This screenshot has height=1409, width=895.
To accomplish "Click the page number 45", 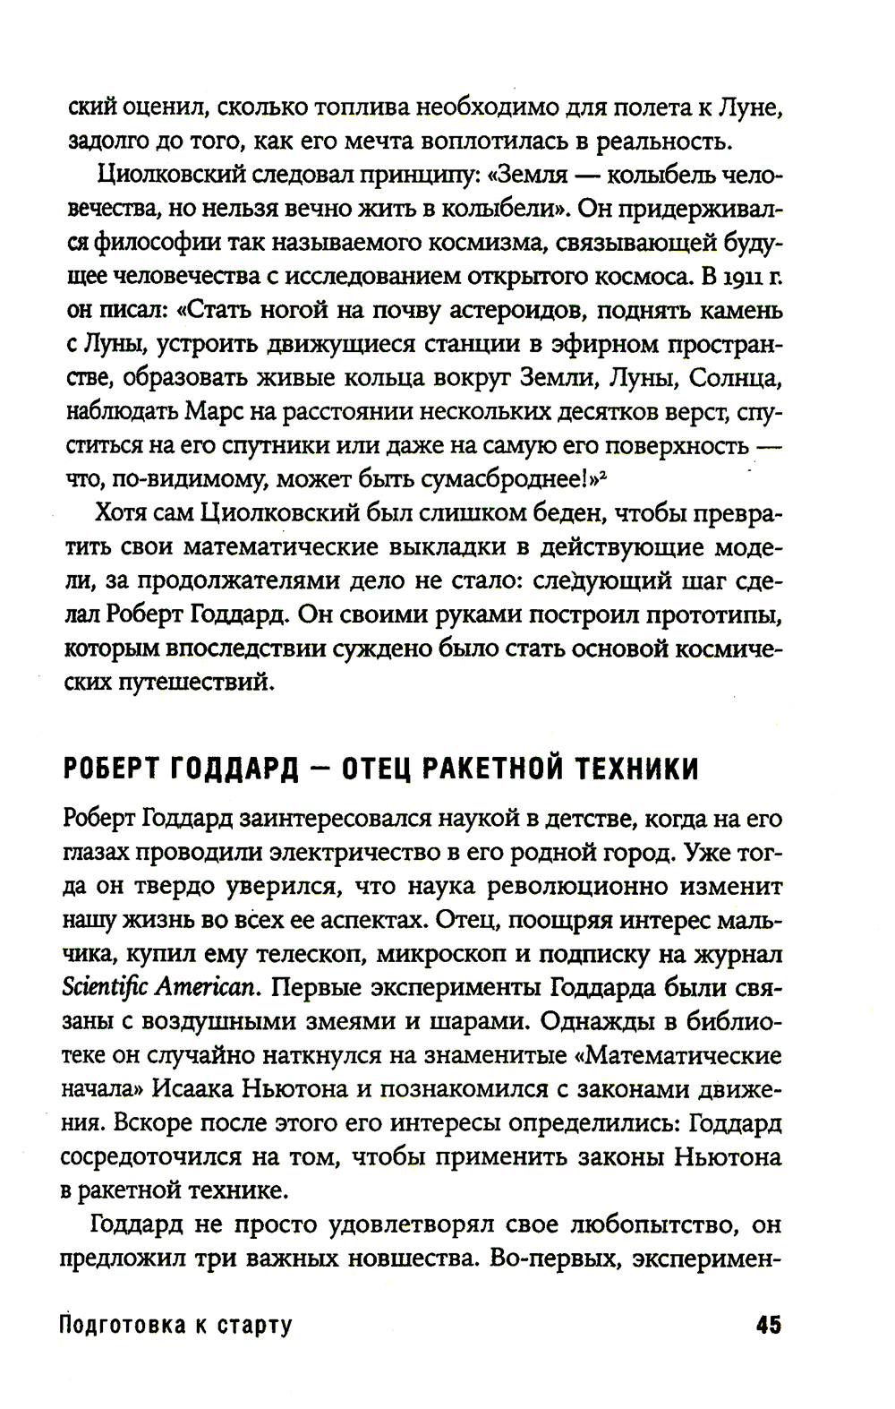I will point(767,1324).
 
